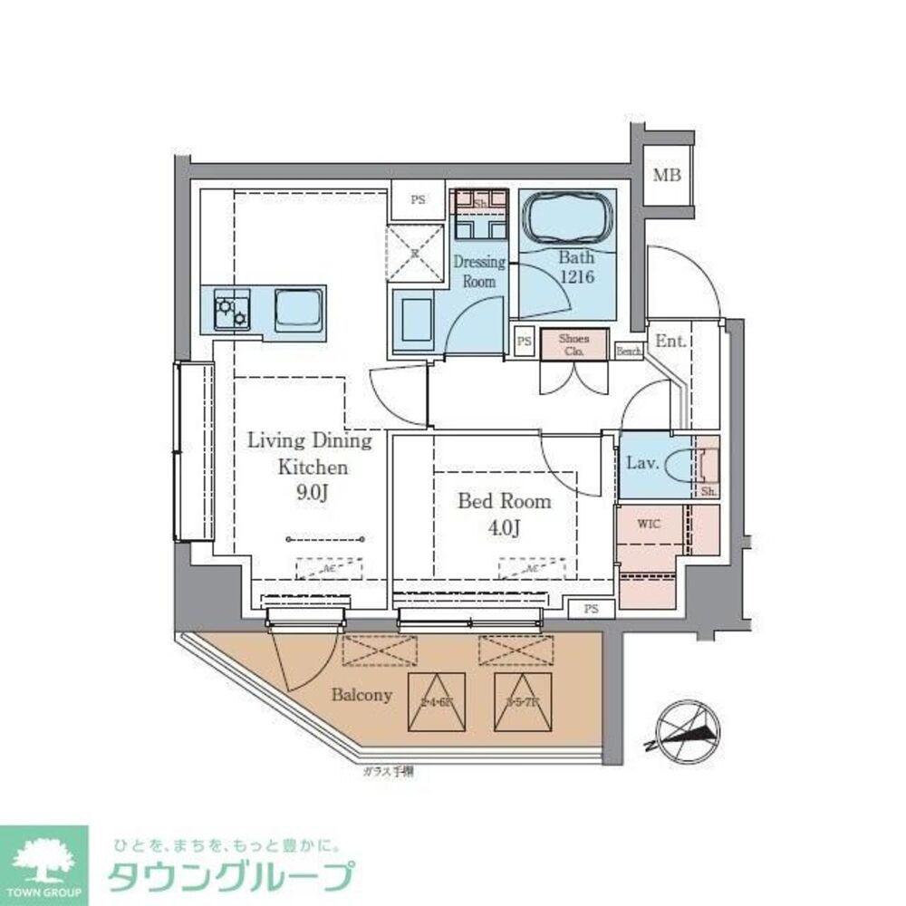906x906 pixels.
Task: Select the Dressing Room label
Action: click(479, 271)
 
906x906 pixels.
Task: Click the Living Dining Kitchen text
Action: click(311, 454)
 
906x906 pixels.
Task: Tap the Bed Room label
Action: click(504, 501)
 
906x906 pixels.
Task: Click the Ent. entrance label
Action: click(671, 341)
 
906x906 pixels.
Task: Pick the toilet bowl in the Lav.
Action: click(680, 466)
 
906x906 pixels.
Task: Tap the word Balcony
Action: click(361, 696)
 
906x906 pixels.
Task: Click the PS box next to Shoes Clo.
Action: click(523, 342)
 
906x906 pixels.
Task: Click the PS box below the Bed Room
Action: click(591, 609)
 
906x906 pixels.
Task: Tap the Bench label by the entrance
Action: click(628, 351)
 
